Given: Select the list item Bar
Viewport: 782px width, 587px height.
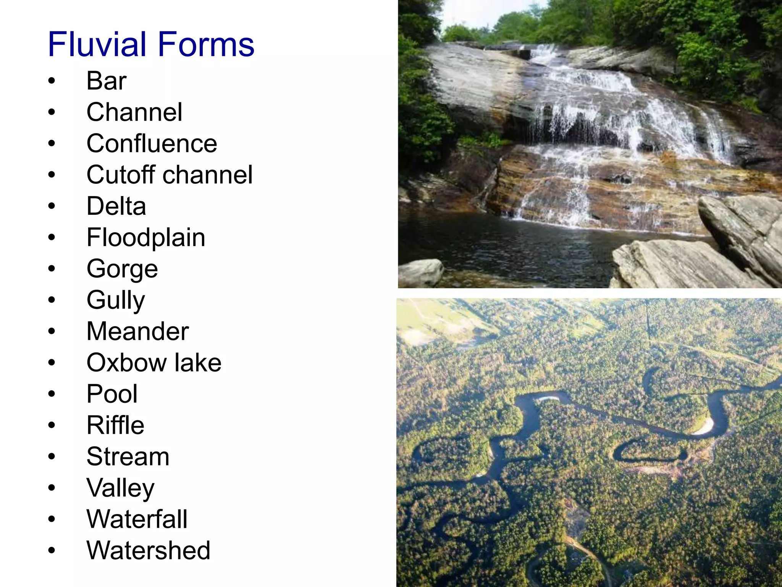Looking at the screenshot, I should pos(106,81).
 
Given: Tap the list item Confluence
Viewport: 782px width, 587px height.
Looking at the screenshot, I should pos(152,144).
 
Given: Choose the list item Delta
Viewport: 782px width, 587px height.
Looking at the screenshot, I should pos(116,206).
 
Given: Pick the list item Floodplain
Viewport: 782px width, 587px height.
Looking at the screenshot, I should pos(146,238).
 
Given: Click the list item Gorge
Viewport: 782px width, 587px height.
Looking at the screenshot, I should pos(122,269).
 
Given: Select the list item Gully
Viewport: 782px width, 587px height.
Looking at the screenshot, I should pos(116,300).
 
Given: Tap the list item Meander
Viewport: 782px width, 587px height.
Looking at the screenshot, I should pos(137,331).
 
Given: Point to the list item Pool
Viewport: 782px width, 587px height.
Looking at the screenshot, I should pos(112,394).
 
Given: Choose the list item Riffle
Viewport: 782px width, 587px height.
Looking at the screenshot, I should pos(115,425).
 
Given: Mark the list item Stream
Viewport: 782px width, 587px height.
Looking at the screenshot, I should pos(128,457).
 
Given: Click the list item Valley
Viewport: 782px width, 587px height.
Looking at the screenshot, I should pos(120,488).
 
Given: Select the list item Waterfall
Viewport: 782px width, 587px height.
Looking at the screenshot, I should pos(137,519).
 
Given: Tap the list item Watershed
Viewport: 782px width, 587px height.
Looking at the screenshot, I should pos(148,551).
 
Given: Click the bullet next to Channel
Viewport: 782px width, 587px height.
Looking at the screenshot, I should pos(52,112).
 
